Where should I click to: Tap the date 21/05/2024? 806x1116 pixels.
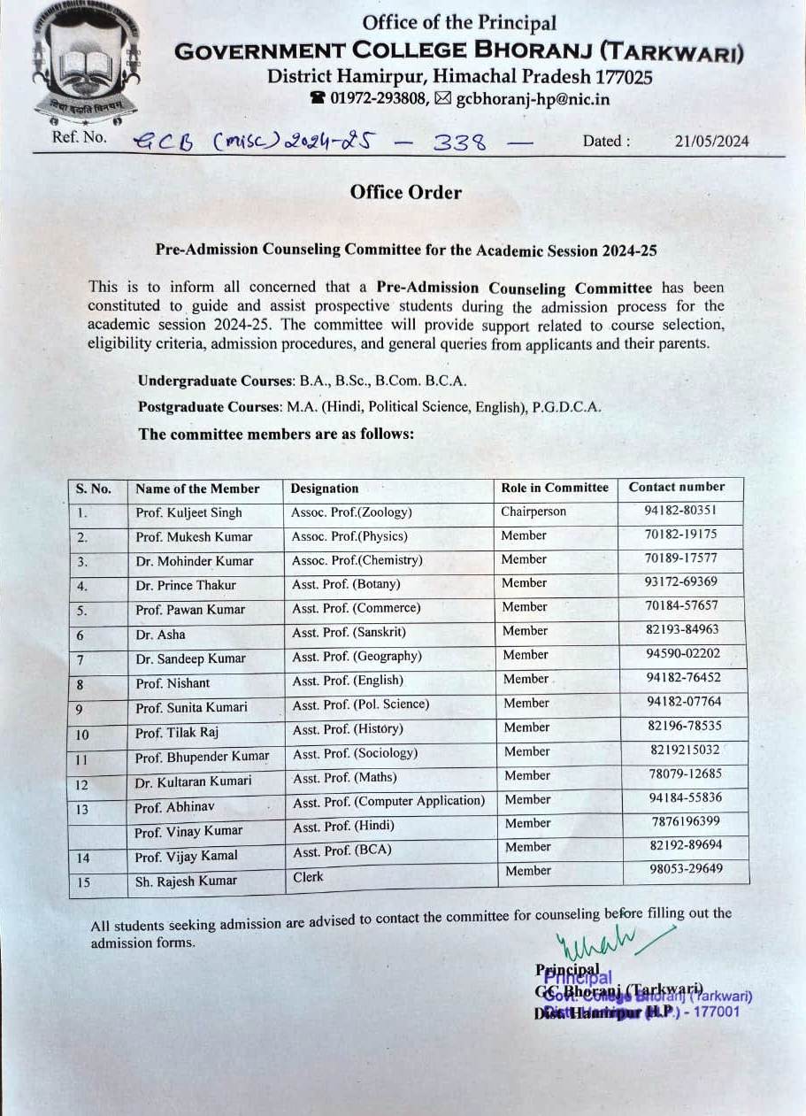(711, 141)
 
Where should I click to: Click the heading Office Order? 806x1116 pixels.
(405, 192)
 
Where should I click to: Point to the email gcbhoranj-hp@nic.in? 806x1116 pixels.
(533, 99)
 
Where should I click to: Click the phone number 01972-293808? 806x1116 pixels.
(380, 99)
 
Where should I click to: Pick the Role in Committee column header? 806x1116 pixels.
(555, 488)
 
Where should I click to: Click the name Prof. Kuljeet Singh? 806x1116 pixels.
(188, 512)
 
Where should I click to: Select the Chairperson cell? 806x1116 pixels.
(533, 512)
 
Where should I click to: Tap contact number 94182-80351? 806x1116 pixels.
(681, 511)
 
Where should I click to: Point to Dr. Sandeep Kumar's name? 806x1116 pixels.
(191, 658)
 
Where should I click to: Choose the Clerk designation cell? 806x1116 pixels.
(308, 877)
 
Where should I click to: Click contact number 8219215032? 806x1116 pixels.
(685, 750)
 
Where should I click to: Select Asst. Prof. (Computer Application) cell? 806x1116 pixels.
(388, 801)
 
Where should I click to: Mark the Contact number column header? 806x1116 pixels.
(676, 487)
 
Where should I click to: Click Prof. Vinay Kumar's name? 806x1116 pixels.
(188, 832)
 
